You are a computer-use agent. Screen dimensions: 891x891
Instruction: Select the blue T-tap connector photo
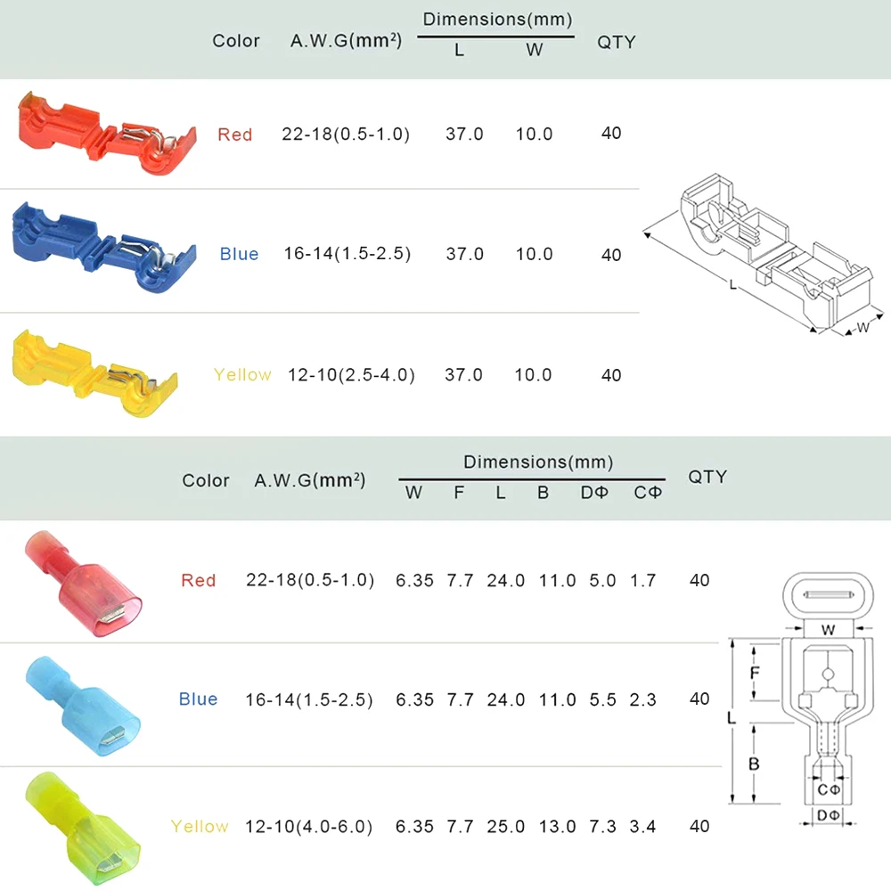(x=104, y=248)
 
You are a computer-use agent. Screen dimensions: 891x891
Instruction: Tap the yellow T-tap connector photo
(x=95, y=373)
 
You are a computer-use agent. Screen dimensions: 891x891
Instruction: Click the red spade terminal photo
(x=84, y=584)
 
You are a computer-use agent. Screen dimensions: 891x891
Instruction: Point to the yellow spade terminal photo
(x=83, y=828)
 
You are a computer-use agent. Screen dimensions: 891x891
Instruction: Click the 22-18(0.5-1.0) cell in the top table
(x=346, y=135)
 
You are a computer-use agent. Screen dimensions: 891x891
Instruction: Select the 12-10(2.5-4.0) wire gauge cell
(x=351, y=375)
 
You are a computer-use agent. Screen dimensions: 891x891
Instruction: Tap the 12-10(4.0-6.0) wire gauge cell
(x=308, y=826)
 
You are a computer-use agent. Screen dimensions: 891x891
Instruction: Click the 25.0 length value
(x=506, y=826)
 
